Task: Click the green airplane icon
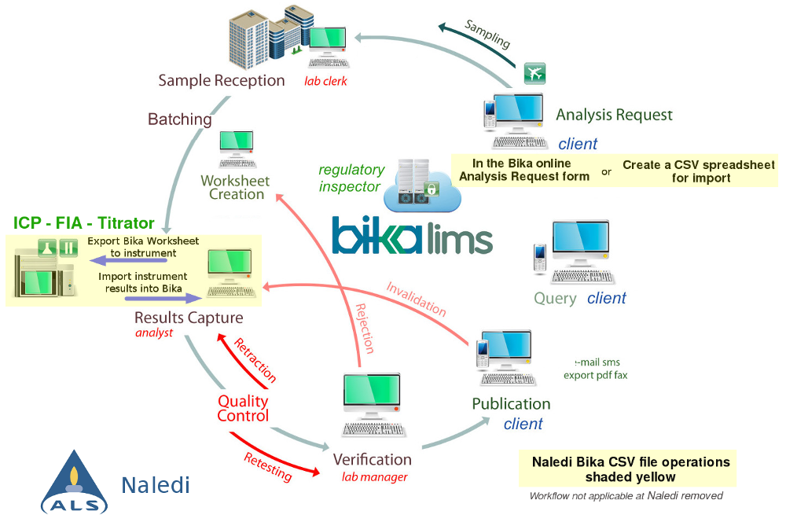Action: (x=534, y=74)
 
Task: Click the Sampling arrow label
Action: (x=487, y=34)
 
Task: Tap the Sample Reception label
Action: (x=221, y=80)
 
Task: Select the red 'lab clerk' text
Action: (x=325, y=81)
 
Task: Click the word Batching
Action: (x=180, y=119)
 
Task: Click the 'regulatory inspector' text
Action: (x=351, y=178)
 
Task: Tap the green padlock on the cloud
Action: (x=431, y=189)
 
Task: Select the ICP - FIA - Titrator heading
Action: (x=83, y=223)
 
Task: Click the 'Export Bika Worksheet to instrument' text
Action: (x=142, y=247)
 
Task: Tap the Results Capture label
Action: (x=189, y=318)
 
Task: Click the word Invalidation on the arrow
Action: (x=416, y=299)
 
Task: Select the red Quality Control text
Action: (x=243, y=408)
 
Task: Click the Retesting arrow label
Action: (x=267, y=467)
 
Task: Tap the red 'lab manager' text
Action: (x=374, y=476)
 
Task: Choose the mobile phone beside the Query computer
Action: (x=539, y=258)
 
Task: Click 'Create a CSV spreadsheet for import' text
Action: (x=698, y=171)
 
